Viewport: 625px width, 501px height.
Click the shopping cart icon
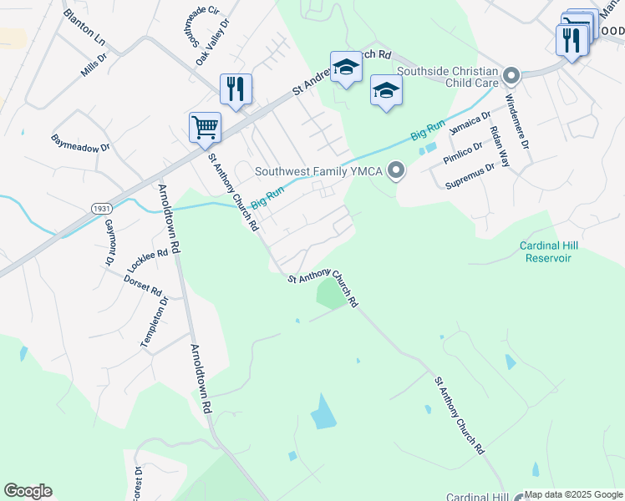click(x=205, y=129)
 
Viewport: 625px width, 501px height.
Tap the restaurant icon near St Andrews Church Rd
click(x=236, y=90)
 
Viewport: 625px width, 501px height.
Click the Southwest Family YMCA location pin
click(x=397, y=172)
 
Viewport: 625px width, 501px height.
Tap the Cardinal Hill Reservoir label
click(x=549, y=251)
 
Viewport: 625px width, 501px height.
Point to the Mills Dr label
click(x=94, y=65)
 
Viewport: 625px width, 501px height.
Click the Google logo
click(x=28, y=491)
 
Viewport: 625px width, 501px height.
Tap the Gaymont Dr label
click(x=109, y=243)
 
